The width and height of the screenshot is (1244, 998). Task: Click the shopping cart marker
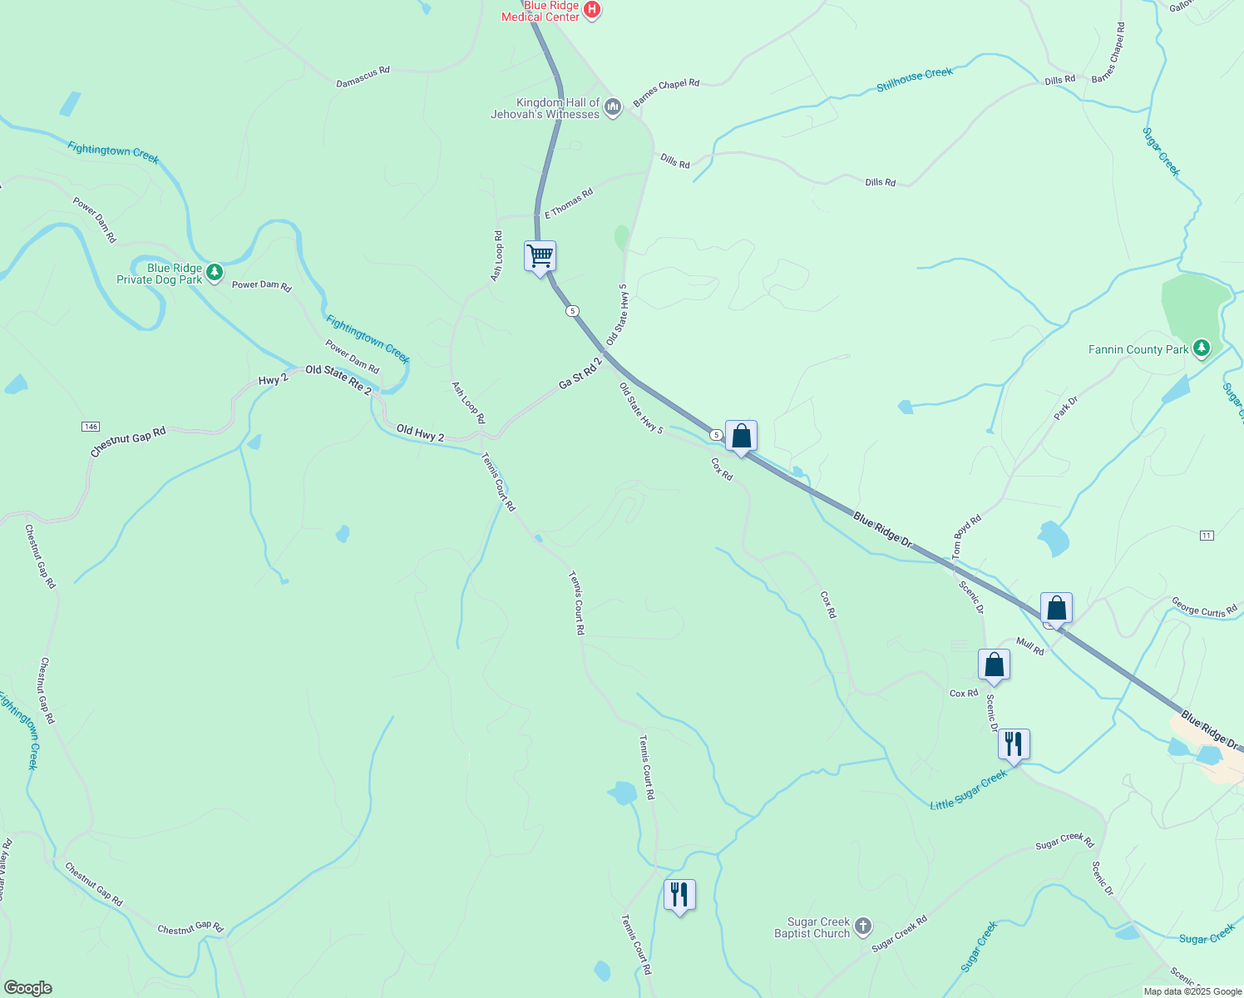pos(540,255)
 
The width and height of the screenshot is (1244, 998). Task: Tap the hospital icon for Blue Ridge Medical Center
pos(592,10)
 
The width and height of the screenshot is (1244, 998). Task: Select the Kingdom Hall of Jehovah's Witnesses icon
pos(613,107)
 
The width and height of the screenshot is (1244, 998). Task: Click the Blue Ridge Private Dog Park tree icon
pos(215,272)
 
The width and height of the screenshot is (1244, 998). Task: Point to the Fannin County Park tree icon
pos(1201,348)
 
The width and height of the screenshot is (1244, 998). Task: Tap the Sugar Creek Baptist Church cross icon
pos(863,926)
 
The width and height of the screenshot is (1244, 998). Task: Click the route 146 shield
pos(91,427)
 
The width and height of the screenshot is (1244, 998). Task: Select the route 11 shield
pos(1207,536)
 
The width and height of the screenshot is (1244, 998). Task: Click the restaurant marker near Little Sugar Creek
pos(1014,744)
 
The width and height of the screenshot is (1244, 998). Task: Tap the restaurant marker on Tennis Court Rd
pos(679,894)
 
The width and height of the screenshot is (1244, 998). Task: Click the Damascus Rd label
pos(363,77)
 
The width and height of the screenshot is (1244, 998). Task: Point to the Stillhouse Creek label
pos(915,80)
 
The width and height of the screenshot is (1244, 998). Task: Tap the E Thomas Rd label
pos(569,204)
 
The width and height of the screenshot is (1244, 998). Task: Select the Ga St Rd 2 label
pos(580,374)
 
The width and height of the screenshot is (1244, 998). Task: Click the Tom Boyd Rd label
pos(967,536)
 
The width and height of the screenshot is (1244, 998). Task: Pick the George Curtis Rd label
pos(1204,607)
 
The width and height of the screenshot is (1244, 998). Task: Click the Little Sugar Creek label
pos(968,790)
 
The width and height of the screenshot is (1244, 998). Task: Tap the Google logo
pos(28,988)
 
